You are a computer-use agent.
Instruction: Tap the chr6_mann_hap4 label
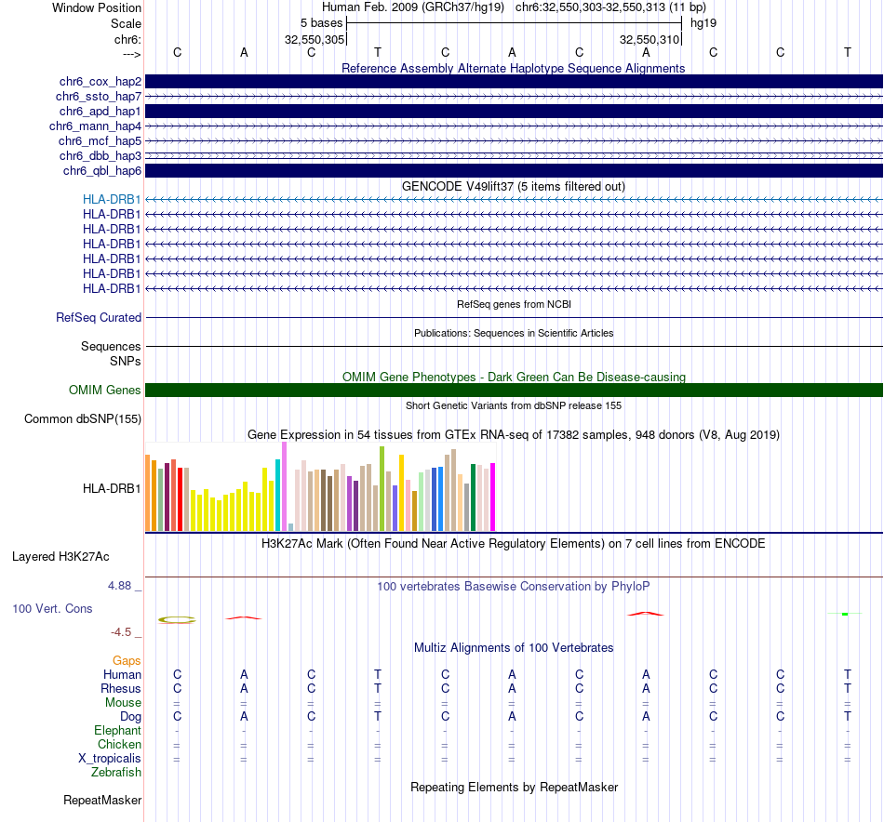pos(95,126)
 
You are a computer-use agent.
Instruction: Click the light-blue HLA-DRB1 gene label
pos(112,200)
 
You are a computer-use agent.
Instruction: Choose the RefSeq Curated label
pos(99,318)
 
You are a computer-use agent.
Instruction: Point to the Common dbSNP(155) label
pos(83,419)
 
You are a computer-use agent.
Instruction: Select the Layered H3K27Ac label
pos(60,558)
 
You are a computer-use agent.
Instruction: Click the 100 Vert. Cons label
pos(52,609)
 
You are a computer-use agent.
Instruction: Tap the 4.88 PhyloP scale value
pos(121,586)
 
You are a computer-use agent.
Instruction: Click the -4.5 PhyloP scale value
pos(122,632)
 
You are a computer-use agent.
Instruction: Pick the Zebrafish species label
pos(116,773)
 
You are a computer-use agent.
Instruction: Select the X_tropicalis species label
pos(110,759)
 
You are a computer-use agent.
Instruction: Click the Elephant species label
pos(117,731)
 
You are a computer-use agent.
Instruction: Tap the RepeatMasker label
pos(102,801)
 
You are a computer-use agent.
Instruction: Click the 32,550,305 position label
pos(315,40)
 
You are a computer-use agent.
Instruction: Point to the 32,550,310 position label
pos(650,40)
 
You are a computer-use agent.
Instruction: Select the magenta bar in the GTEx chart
pos(492,497)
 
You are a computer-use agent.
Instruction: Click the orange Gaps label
pos(127,660)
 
